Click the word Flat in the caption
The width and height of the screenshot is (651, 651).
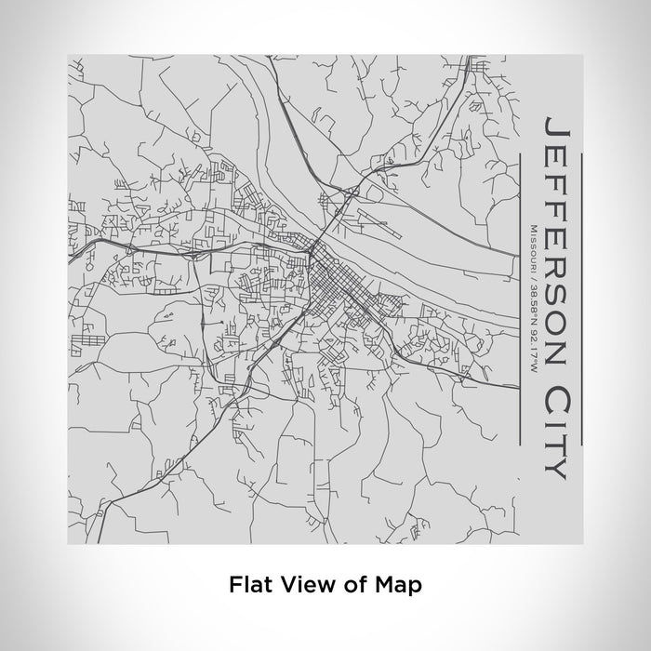(246, 585)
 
